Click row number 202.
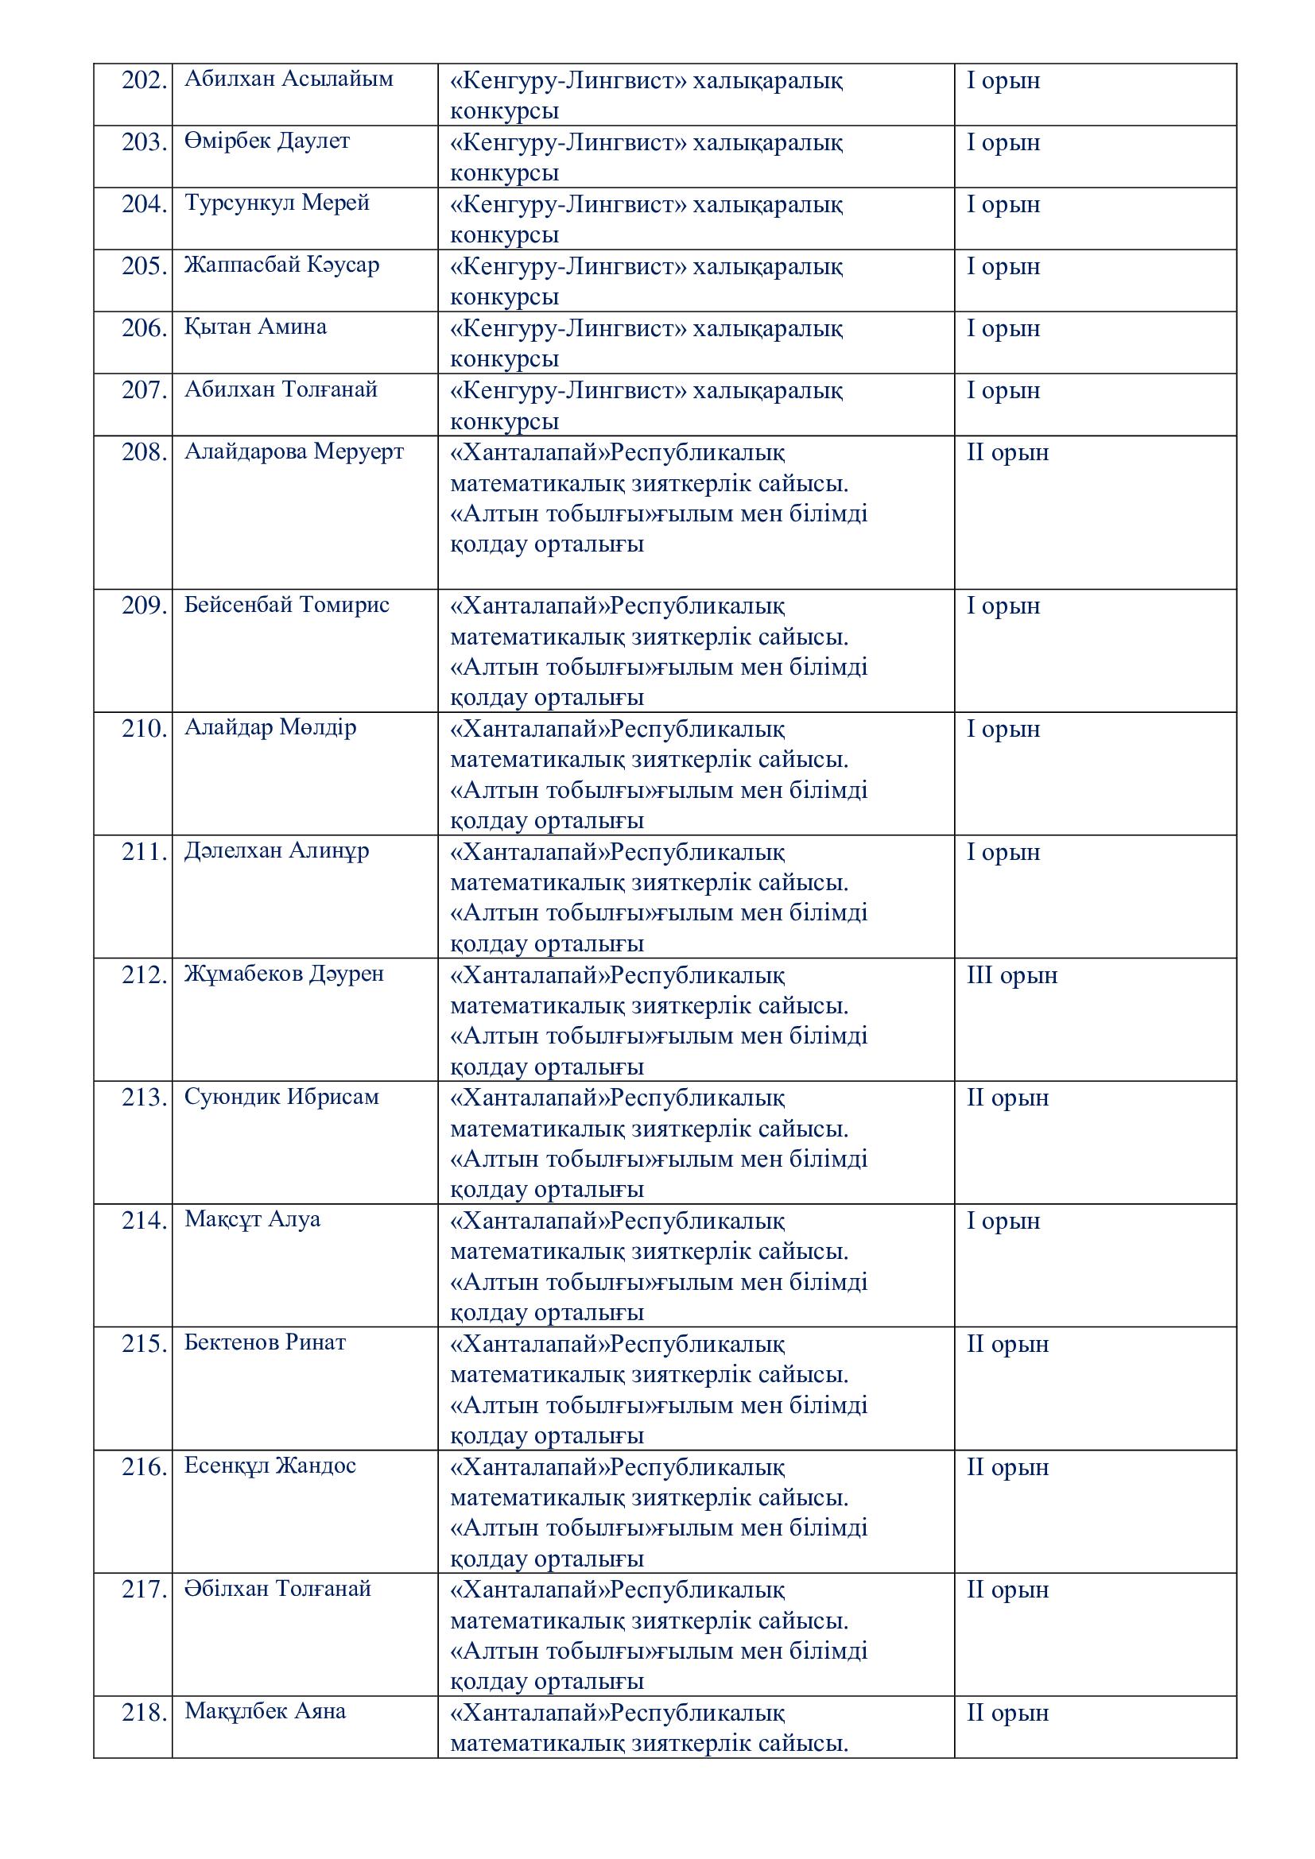click(144, 81)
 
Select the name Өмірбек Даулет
click(267, 141)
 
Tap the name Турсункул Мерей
click(277, 203)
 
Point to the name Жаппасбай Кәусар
click(281, 265)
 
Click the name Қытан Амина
click(255, 327)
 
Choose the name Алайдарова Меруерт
click(294, 451)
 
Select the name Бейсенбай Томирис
click(287, 606)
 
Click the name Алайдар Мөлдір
click(270, 729)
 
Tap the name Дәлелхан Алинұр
click(277, 852)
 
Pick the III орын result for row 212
click(1012, 976)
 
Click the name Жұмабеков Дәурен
click(284, 975)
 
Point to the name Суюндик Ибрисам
click(281, 1098)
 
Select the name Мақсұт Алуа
click(253, 1221)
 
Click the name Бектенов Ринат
click(265, 1344)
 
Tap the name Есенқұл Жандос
click(270, 1467)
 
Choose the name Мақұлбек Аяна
click(265, 1714)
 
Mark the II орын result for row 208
click(1007, 452)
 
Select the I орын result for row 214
click(1003, 1222)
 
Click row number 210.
click(144, 730)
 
